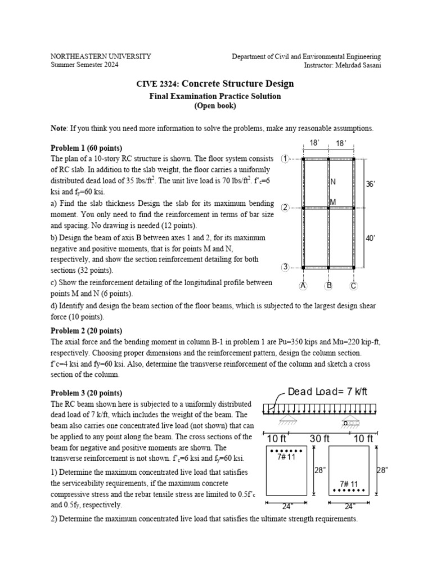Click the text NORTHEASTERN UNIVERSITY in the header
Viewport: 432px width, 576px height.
tap(101, 56)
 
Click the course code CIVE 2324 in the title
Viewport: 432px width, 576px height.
tap(156, 84)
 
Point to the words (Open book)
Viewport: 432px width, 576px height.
tap(215, 106)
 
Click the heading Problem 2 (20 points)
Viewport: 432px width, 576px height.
tap(86, 330)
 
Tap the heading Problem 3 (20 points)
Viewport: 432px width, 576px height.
tap(86, 392)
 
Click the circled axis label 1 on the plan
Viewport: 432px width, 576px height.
tap(285, 159)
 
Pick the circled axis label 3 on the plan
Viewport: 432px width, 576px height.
tap(285, 267)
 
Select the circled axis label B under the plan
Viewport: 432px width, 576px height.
tap(329, 286)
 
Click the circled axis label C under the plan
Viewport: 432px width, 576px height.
tap(354, 286)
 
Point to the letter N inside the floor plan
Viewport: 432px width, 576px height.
tap(334, 182)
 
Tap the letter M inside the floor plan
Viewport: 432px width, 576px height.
tap(334, 201)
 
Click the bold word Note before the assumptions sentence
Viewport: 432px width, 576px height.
tap(58, 128)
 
